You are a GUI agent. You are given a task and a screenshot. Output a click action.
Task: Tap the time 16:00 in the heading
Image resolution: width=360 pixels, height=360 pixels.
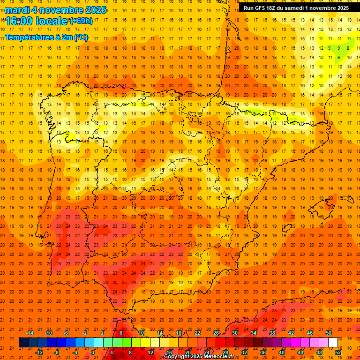click(20, 21)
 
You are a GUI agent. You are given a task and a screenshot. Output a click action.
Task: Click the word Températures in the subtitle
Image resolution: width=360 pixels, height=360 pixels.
click(30, 37)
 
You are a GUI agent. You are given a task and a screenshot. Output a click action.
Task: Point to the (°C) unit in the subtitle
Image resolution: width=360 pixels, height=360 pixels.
click(81, 37)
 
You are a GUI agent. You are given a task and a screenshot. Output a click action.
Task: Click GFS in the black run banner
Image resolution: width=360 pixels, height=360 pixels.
click(262, 8)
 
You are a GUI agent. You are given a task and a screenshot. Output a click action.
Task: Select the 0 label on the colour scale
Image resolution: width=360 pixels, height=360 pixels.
click(93, 352)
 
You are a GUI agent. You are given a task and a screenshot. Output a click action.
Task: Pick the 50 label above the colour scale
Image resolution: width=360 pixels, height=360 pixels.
click(329, 333)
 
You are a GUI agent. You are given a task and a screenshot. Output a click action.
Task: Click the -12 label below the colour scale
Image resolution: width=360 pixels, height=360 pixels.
click(39, 352)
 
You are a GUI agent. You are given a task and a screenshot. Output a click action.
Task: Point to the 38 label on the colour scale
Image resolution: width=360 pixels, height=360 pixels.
click(272, 333)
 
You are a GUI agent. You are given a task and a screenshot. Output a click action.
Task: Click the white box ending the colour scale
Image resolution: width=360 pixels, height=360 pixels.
click(333, 343)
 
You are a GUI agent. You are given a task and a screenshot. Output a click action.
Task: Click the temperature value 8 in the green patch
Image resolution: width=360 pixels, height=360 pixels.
click(348, 48)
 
